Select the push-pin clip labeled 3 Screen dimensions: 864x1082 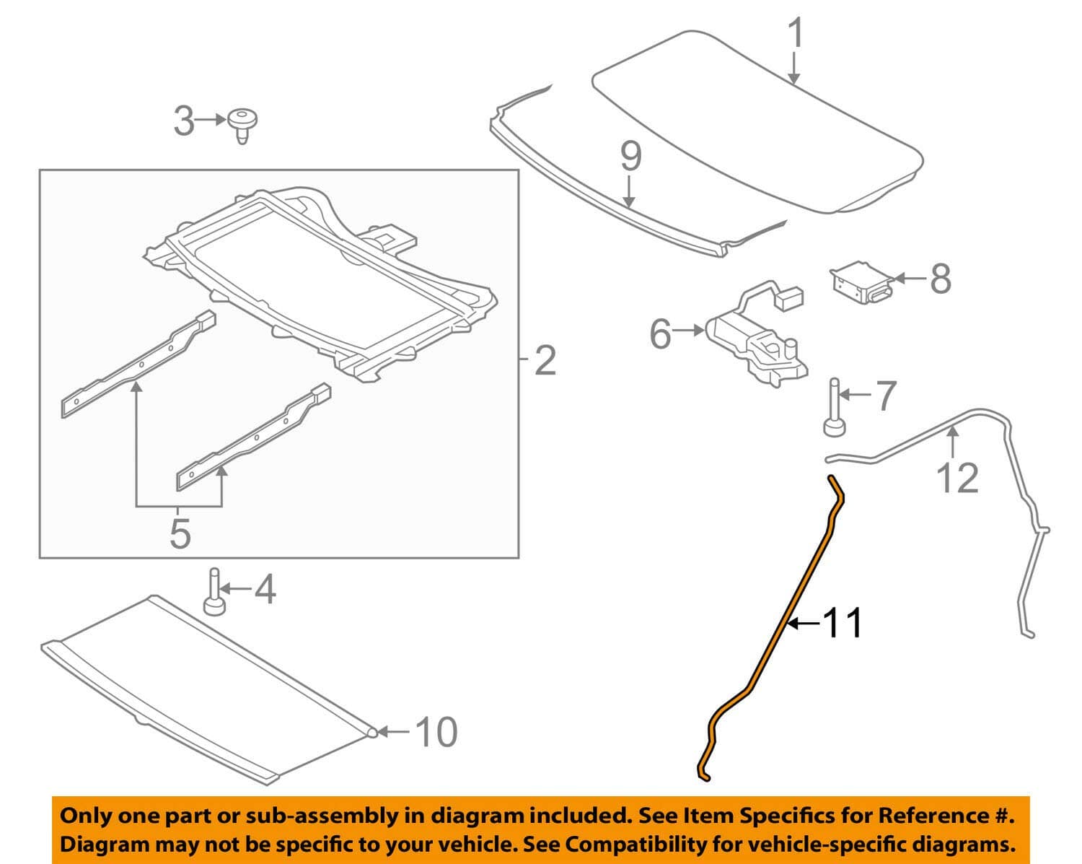[243, 125]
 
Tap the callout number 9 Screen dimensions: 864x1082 [630, 157]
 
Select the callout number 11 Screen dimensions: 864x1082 [843, 623]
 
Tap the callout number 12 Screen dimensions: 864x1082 [957, 478]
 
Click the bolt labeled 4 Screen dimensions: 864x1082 [214, 593]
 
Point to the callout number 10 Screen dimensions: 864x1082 [436, 732]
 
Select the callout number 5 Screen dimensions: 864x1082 [180, 533]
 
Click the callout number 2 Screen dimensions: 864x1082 [545, 360]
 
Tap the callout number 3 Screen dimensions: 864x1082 [183, 121]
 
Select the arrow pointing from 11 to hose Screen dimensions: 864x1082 [803, 623]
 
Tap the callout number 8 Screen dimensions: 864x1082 [941, 279]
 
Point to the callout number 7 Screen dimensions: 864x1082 [885, 396]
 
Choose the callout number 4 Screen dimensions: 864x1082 [264, 590]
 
